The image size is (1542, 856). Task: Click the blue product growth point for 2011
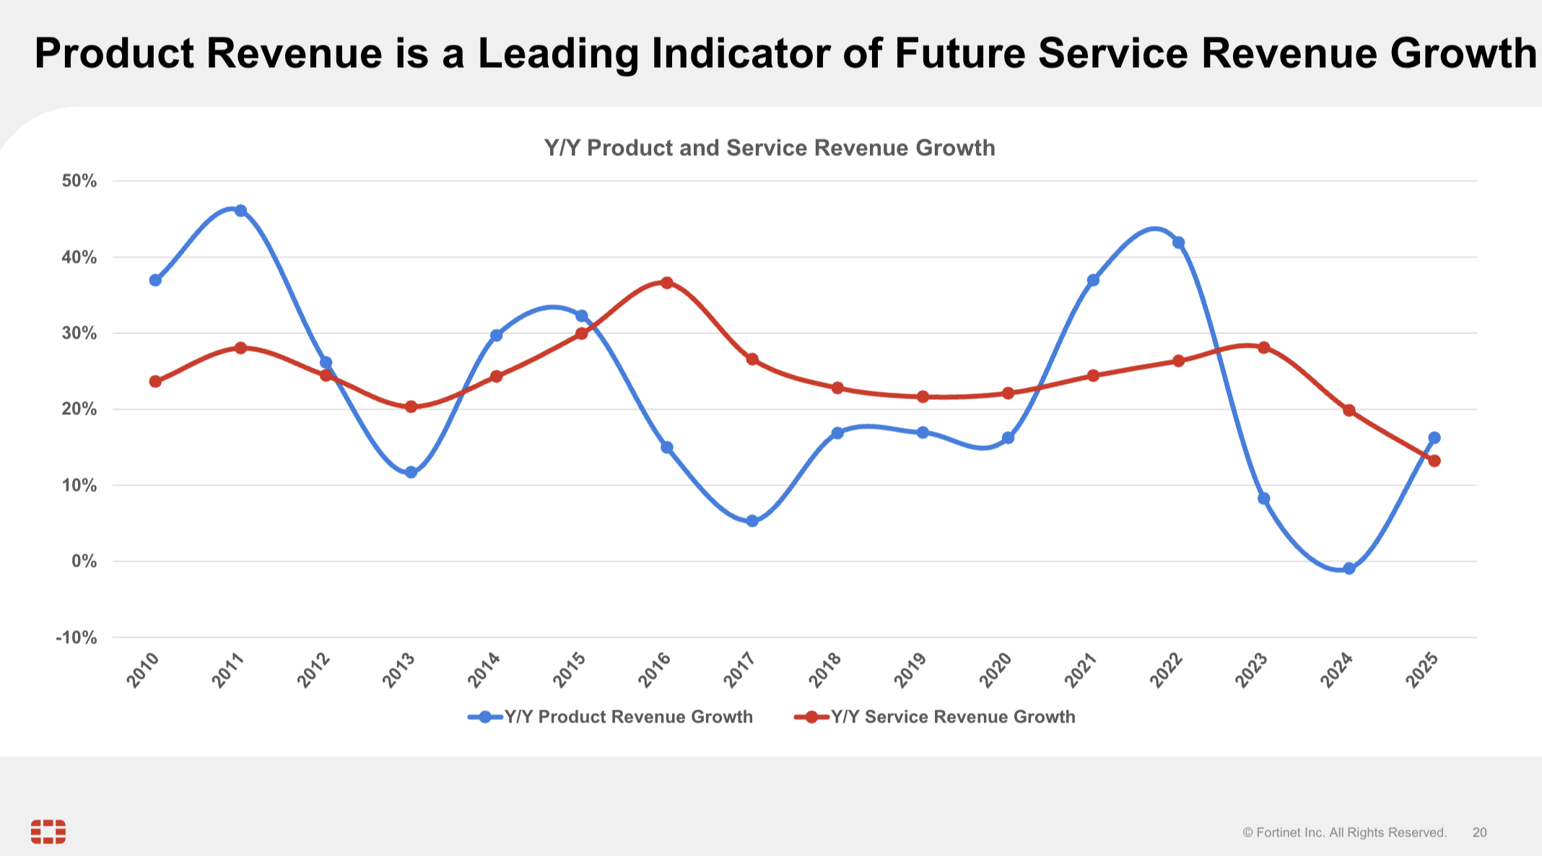click(240, 211)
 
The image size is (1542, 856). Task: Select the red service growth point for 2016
click(667, 282)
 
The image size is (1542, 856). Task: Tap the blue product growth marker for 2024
click(1349, 569)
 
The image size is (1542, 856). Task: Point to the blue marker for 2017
click(752, 521)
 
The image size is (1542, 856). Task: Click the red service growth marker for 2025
click(1434, 460)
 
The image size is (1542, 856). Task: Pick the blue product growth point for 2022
click(1178, 243)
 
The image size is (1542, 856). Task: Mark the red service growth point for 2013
click(411, 407)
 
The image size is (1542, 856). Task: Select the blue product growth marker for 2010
click(155, 280)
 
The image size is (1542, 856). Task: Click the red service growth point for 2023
click(1263, 347)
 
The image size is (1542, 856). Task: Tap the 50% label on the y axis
click(79, 181)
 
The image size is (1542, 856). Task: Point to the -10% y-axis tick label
click(77, 638)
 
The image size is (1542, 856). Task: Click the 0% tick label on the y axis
click(84, 562)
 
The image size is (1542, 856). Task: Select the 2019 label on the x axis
click(910, 669)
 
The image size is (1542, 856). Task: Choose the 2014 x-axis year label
click(484, 669)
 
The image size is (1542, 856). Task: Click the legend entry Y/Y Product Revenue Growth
click(611, 717)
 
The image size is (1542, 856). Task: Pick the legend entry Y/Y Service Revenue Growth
click(935, 717)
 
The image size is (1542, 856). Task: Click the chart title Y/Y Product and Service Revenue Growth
click(770, 148)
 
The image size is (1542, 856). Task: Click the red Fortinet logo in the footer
click(48, 831)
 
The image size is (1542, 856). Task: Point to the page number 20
click(1480, 833)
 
